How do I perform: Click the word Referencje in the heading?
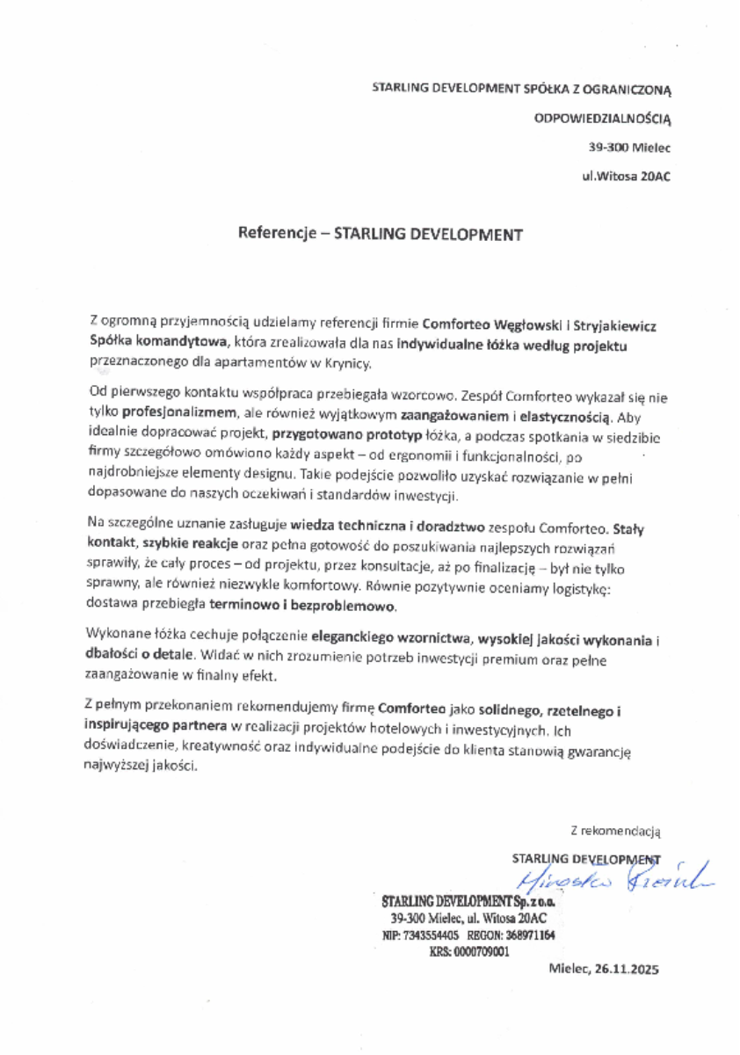click(x=277, y=235)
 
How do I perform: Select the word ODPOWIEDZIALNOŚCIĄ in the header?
click(x=603, y=117)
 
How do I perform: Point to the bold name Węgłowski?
click(x=511, y=324)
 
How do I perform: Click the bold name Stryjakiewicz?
click(x=611, y=324)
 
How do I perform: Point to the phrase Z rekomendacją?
click(x=614, y=829)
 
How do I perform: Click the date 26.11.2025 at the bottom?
click(x=625, y=970)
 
